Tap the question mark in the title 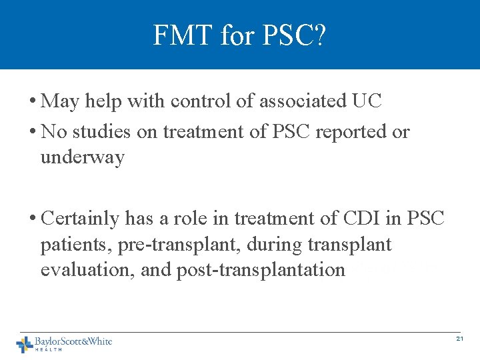pyautogui.click(x=319, y=35)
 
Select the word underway pyautogui.click(x=83, y=158)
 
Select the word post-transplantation pyautogui.click(x=261, y=271)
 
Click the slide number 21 pyautogui.click(x=459, y=339)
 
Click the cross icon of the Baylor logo pyautogui.click(x=25, y=343)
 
